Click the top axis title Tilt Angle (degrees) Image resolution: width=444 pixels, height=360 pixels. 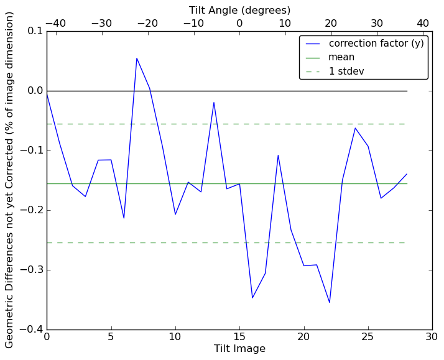(x=239, y=10)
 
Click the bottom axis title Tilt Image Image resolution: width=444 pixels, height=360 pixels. (x=239, y=349)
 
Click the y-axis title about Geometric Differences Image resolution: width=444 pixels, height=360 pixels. (x=10, y=180)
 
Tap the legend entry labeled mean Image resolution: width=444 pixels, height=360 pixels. (x=341, y=57)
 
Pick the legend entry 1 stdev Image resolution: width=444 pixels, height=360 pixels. (x=346, y=72)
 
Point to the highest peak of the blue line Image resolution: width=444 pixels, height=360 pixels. (x=137, y=58)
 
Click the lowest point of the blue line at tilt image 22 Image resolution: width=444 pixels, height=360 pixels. (x=330, y=303)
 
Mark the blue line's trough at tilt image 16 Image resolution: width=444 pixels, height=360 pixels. (x=252, y=298)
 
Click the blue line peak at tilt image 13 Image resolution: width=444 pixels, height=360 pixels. (x=214, y=102)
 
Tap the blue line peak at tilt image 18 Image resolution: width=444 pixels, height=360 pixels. (x=278, y=155)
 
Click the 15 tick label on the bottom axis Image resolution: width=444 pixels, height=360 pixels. (x=239, y=337)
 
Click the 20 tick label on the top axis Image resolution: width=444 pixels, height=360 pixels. (x=331, y=23)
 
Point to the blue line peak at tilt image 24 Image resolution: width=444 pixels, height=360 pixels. (x=355, y=128)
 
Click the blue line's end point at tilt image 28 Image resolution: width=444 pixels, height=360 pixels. (x=407, y=174)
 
